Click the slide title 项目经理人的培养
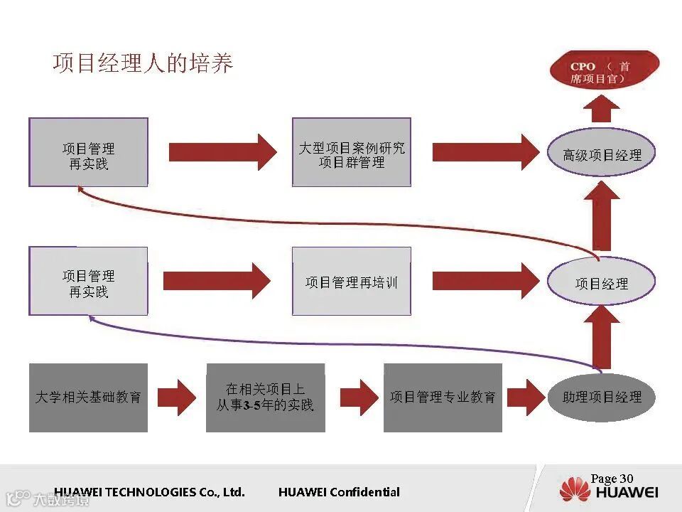pyautogui.click(x=143, y=64)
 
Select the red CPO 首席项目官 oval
pyautogui.click(x=605, y=71)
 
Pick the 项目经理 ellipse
pyautogui.click(x=601, y=283)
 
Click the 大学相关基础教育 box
pyautogui.click(x=88, y=398)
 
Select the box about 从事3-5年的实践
pyautogui.click(x=265, y=398)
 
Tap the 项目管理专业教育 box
pyautogui.click(x=443, y=398)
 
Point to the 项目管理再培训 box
pyautogui.click(x=352, y=282)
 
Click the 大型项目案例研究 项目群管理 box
pyautogui.click(x=352, y=153)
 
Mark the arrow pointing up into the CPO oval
pyautogui.click(x=602, y=109)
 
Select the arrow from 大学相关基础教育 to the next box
pyautogui.click(x=176, y=397)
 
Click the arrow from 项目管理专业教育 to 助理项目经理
pyautogui.click(x=525, y=397)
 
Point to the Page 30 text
pyautogui.click(x=612, y=479)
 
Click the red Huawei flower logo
pyautogui.click(x=575, y=491)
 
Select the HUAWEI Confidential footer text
pyautogui.click(x=339, y=492)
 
